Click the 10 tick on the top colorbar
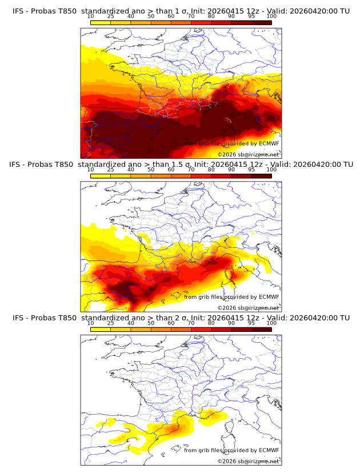(x=90, y=16)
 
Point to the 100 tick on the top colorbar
(x=271, y=16)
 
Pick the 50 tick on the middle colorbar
(x=151, y=170)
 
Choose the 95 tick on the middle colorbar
(x=251, y=170)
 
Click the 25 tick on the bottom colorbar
(x=110, y=323)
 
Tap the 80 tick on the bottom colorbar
(x=211, y=323)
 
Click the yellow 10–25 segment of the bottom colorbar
(x=101, y=330)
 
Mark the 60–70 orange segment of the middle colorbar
(x=181, y=177)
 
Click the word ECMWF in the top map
(x=269, y=143)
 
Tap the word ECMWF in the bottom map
(x=269, y=450)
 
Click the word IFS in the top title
(x=18, y=11)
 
